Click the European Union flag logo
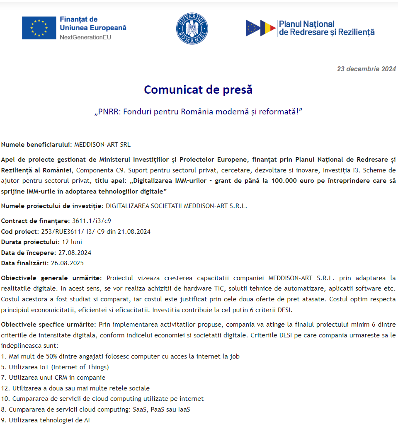click(x=39, y=28)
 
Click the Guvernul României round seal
click(x=192, y=28)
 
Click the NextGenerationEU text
click(x=85, y=37)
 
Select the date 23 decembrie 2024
click(x=366, y=69)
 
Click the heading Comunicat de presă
click(x=198, y=90)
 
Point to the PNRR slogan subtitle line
click(x=198, y=112)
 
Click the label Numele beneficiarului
click(x=36, y=145)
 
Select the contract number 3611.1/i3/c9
click(x=92, y=221)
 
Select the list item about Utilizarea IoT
click(x=55, y=367)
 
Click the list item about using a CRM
click(x=53, y=378)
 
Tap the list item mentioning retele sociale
click(x=75, y=388)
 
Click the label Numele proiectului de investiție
click(x=52, y=206)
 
